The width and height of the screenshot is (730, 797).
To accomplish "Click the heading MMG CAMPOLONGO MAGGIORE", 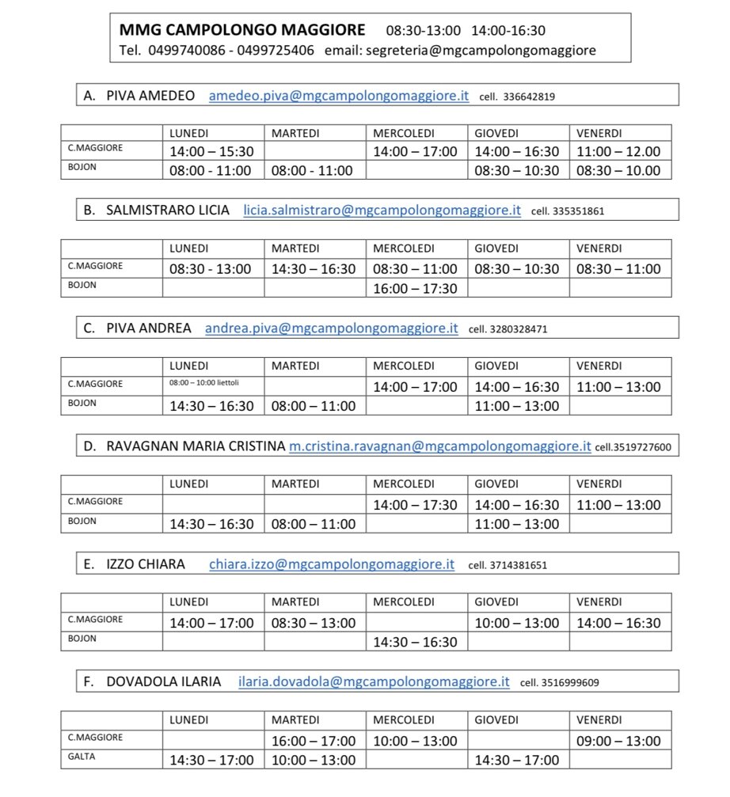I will pos(242,30).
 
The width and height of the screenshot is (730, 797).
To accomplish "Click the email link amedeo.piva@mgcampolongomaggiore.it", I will pos(339,97).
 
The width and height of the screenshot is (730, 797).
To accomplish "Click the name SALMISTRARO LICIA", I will pos(168,211).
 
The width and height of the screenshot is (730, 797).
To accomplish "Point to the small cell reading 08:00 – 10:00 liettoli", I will pos(204,383).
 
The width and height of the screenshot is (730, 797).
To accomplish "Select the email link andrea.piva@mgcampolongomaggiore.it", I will pos(331,328).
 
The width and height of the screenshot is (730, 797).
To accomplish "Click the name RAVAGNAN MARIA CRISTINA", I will pos(196,446).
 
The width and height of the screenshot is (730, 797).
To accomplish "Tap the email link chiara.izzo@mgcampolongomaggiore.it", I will pos(332,564).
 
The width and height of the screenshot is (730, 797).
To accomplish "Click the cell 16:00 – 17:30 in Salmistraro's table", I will pos(415,288).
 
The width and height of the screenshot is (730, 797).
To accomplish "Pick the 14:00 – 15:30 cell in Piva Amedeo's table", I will pos(211,151).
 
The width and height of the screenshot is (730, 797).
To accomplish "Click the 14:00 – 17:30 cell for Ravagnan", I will pos(415,505).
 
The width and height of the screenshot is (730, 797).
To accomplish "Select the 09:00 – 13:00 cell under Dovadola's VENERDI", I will pos(618,741).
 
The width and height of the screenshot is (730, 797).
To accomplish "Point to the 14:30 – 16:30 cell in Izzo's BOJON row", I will pos(415,642).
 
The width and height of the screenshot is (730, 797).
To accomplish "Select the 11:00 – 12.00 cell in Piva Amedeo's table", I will pos(618,151).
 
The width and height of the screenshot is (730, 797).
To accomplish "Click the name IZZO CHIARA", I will pos(146,564).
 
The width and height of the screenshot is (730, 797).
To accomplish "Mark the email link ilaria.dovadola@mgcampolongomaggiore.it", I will pos(374,681).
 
